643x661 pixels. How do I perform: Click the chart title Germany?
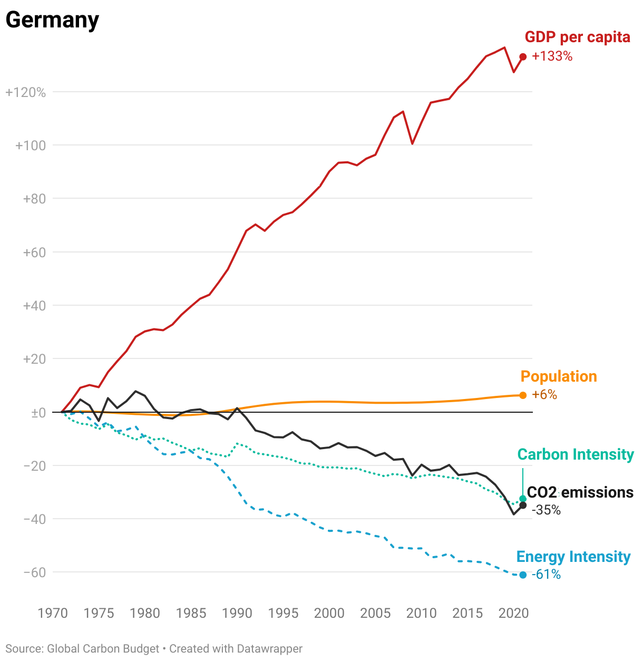click(x=52, y=20)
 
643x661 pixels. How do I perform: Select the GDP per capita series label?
click(x=577, y=37)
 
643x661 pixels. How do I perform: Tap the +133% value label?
click(x=552, y=56)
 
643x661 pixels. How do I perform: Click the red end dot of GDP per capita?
click(x=523, y=57)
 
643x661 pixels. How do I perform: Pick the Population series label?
click(x=559, y=376)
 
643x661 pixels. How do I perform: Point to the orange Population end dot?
click(x=523, y=395)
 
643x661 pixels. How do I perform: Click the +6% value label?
click(x=544, y=395)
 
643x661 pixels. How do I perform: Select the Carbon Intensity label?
click(x=576, y=454)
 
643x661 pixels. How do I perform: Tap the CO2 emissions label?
click(x=580, y=492)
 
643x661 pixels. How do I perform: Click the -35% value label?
click(x=546, y=510)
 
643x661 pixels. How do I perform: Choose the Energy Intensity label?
click(x=573, y=557)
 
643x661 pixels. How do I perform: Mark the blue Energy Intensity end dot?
click(x=523, y=575)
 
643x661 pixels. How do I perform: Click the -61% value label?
click(x=546, y=575)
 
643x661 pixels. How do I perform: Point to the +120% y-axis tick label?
click(x=26, y=93)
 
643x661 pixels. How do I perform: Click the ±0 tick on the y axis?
click(x=38, y=413)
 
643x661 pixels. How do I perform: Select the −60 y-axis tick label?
click(x=35, y=572)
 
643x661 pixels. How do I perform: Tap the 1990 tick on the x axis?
click(x=237, y=613)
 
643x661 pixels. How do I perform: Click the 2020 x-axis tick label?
click(x=513, y=613)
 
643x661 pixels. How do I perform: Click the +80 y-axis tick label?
click(x=34, y=199)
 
